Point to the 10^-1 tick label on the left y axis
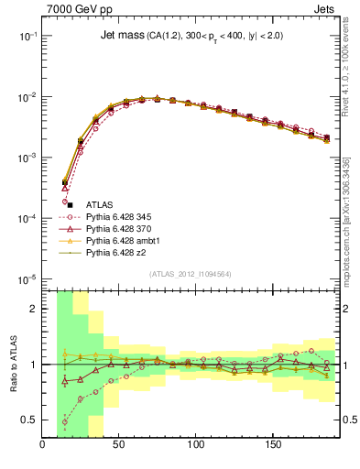(26, 35)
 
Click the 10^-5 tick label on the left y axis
(26, 279)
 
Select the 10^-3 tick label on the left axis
(26, 158)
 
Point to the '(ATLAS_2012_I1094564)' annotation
(191, 273)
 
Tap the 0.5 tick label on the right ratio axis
(348, 420)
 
